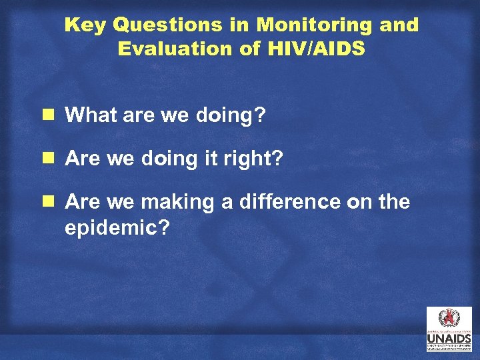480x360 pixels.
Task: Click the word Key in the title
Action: click(85, 25)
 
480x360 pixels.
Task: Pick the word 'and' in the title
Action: click(399, 25)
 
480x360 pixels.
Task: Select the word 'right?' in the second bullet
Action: click(260, 159)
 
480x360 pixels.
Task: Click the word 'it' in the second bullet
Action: click(215, 159)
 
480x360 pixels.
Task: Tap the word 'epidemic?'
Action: click(117, 228)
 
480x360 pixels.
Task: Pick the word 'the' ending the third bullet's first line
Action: click(394, 203)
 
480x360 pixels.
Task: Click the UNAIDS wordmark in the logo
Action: click(449, 338)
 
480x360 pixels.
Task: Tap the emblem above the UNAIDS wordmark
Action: click(449, 319)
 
